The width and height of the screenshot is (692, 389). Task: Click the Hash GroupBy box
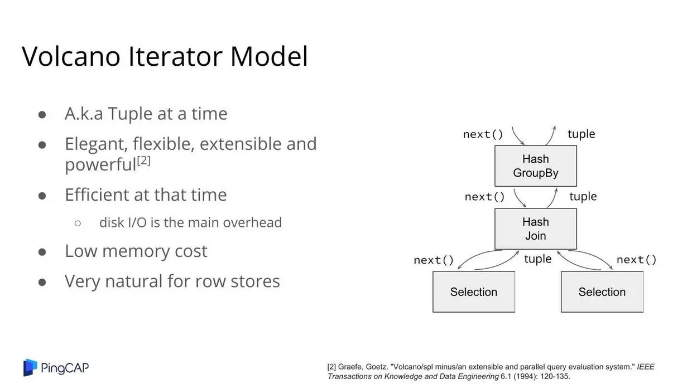pos(536,166)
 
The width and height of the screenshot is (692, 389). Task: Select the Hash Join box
pos(536,229)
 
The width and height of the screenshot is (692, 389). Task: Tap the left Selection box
pos(474,292)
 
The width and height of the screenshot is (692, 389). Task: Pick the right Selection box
pos(602,292)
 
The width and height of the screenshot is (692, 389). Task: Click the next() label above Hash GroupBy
pos(483,134)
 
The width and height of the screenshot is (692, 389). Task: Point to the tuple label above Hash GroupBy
pos(582,134)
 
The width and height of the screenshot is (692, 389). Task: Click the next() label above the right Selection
pos(637,260)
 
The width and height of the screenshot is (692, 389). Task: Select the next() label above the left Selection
pos(434,260)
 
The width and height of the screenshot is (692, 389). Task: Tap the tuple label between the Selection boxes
pos(538,259)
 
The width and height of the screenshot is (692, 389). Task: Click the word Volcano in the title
pos(71,56)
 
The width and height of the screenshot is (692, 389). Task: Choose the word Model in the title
pos(269,56)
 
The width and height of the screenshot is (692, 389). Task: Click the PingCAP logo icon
pos(30,367)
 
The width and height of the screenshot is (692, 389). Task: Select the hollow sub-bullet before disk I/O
pos(78,223)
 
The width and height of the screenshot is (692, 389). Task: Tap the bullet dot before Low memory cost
pos(42,252)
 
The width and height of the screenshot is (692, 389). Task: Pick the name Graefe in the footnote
pos(350,367)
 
